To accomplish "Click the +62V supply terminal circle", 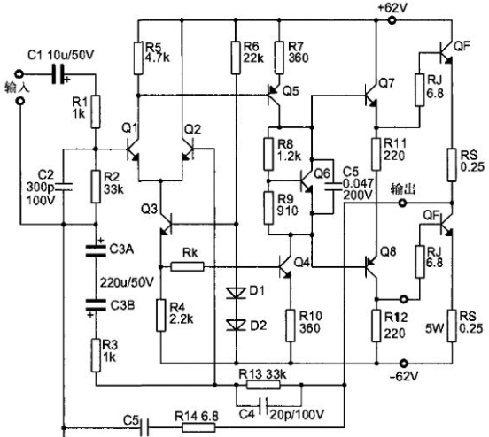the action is pyautogui.click(x=392, y=20).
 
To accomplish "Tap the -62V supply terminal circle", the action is pyautogui.click(x=404, y=364).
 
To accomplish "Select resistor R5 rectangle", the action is pyautogui.click(x=138, y=58).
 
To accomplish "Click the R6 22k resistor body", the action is pyautogui.click(x=236, y=58).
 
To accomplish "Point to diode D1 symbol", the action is pyautogui.click(x=236, y=293).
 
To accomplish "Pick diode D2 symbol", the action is pyautogui.click(x=236, y=325).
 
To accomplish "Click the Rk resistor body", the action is pyautogui.click(x=188, y=266).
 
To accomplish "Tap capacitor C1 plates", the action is pyautogui.click(x=58, y=74).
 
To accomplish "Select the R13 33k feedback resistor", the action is pyautogui.click(x=263, y=385).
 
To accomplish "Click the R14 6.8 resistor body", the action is pyautogui.click(x=198, y=427).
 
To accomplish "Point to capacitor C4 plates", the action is pyautogui.click(x=264, y=406).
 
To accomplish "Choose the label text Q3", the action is pyautogui.click(x=149, y=209).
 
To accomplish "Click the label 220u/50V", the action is pyautogui.click(x=127, y=282).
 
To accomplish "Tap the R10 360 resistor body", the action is pyautogui.click(x=291, y=326).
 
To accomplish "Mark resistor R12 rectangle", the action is pyautogui.click(x=376, y=326).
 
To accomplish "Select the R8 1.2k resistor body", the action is pyautogui.click(x=268, y=154).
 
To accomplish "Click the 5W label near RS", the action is pyautogui.click(x=434, y=328).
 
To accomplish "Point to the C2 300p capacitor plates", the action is pyautogui.click(x=65, y=187).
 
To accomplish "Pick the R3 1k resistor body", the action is pyautogui.click(x=96, y=356).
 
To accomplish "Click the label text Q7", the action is pyautogui.click(x=387, y=83).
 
